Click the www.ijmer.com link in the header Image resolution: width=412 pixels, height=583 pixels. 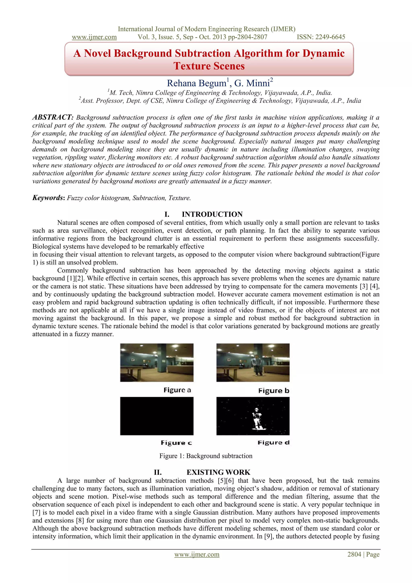94,37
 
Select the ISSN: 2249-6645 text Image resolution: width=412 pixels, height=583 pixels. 321,37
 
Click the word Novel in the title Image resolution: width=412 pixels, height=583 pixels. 97,53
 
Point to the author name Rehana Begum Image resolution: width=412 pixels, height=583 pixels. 196,83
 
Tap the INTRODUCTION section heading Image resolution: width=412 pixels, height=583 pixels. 212,214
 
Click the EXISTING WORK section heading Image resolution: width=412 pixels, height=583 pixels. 218,472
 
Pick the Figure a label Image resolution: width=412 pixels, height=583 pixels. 177,390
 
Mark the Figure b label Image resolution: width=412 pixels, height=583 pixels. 274,391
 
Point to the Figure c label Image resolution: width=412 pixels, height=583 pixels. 176,443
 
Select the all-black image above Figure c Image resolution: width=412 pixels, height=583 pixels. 157,416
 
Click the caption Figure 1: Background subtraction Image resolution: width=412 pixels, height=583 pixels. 206,456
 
